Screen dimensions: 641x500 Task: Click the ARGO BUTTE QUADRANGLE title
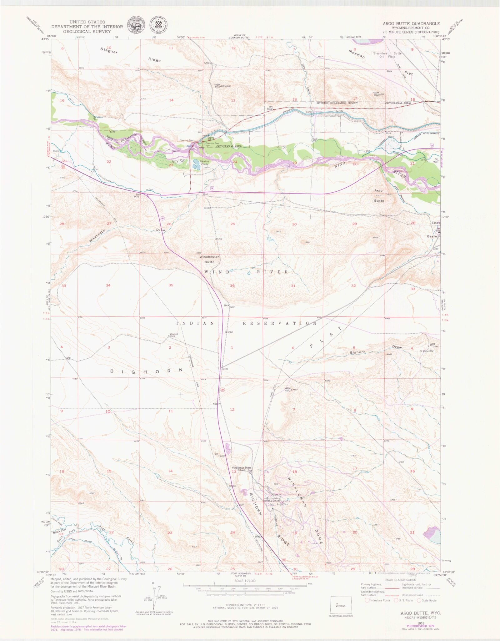[x=411, y=23]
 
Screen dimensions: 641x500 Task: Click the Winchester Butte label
[x=209, y=259]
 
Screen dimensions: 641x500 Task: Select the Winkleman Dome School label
[x=241, y=469]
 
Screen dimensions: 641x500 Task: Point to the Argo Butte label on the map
[x=379, y=195]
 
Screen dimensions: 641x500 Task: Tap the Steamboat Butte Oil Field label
[x=387, y=55]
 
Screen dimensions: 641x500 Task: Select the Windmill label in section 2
[x=174, y=334]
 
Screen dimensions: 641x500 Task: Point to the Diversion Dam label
[x=186, y=140]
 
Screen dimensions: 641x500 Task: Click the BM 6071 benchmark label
[x=231, y=306]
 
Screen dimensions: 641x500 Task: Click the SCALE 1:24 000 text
[x=245, y=581]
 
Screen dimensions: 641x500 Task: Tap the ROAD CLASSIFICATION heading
[x=401, y=580]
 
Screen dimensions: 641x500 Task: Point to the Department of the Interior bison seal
[x=136, y=24]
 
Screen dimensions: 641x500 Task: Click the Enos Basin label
[x=434, y=230]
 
